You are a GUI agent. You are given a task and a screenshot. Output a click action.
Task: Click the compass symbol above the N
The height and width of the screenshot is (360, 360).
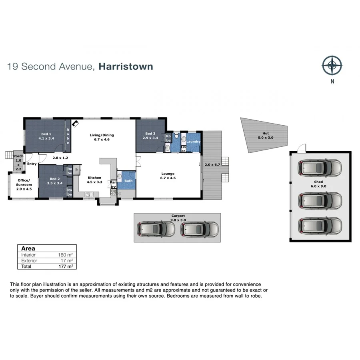332,65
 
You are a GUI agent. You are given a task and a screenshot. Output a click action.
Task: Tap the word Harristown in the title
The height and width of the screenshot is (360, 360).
126,66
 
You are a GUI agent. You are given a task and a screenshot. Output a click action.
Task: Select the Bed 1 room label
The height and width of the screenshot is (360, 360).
46,134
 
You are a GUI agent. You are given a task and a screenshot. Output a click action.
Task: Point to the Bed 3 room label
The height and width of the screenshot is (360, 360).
150,134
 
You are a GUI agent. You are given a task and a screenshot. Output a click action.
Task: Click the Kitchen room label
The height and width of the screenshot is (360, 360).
94,178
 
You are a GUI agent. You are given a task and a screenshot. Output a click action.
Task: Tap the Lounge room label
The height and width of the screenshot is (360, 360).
168,174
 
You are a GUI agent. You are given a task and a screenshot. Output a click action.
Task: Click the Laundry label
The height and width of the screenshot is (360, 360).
194,142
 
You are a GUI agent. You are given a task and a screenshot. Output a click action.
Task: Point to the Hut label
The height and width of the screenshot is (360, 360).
266,134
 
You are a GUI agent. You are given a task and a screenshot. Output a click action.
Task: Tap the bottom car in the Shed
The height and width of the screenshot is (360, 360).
320,227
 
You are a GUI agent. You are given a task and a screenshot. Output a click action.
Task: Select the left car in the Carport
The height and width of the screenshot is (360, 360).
156,229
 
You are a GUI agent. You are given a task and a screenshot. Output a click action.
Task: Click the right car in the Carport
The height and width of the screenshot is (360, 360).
200,229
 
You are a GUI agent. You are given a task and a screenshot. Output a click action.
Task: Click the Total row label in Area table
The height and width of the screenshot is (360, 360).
26,266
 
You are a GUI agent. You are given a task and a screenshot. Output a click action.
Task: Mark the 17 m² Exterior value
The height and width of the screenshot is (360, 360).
67,260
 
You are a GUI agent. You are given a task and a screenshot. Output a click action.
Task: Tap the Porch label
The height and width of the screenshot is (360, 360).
18,156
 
